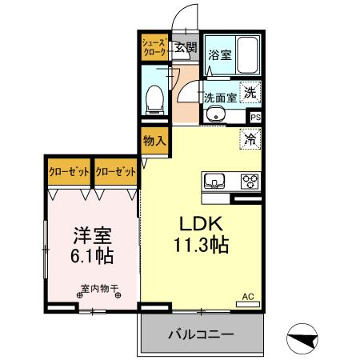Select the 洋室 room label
(x=92, y=237)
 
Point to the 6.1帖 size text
(x=92, y=257)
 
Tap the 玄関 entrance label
(x=186, y=46)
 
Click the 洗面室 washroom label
(x=219, y=98)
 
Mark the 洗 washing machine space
(x=250, y=92)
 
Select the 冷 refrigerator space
(x=250, y=138)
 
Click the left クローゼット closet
(x=68, y=171)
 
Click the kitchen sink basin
(x=215, y=179)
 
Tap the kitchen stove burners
(x=250, y=179)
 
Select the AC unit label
(x=248, y=297)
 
